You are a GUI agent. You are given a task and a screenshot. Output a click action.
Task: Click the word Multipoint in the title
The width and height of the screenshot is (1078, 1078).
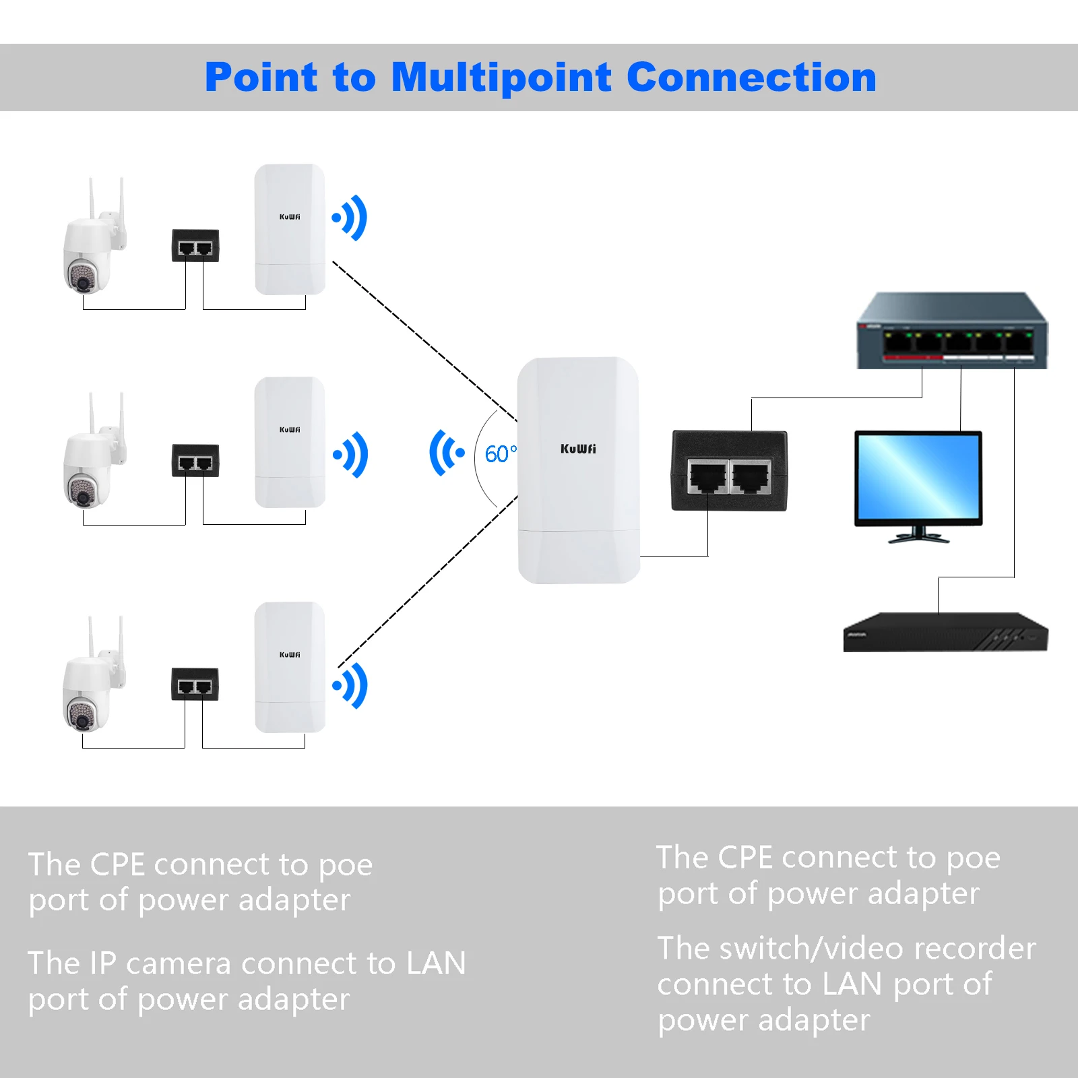pos(501,78)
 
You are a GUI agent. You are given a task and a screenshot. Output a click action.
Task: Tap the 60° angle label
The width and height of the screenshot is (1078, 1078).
pos(500,454)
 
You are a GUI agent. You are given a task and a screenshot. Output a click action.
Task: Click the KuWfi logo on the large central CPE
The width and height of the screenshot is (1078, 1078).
pos(578,449)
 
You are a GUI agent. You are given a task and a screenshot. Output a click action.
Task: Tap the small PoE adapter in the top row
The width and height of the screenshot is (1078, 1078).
pos(195,246)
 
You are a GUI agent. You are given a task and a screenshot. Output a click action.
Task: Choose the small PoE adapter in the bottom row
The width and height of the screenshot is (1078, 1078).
pos(195,685)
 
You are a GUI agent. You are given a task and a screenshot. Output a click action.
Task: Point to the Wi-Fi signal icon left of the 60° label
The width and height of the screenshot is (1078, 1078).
pos(445,453)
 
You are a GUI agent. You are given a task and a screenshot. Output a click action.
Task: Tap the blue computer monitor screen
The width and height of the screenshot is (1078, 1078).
pos(918,477)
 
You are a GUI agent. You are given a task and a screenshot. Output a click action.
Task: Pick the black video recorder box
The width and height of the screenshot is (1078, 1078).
pos(945,633)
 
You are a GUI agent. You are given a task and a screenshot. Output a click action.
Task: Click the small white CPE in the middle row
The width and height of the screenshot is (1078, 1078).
pos(290,442)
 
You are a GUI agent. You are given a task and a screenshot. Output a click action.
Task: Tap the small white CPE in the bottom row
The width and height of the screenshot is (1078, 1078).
pos(290,667)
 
